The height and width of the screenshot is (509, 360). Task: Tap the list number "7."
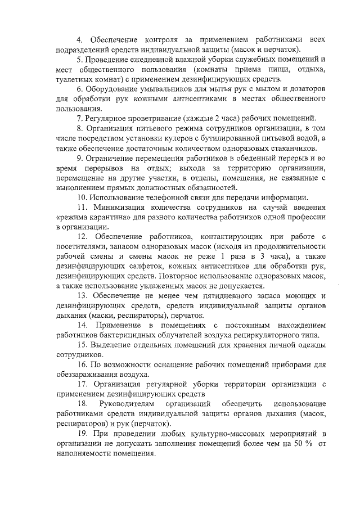coord(80,118)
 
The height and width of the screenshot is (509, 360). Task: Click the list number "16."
coord(82,365)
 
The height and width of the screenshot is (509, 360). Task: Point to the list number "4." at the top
coord(80,40)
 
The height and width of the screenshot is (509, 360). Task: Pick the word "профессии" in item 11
coord(307,217)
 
